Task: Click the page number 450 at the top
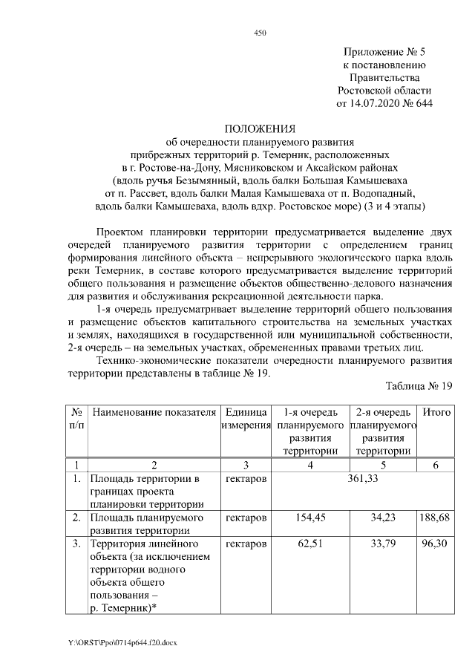coord(260,33)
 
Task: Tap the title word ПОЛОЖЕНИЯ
coord(260,128)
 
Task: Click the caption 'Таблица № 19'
coord(419,386)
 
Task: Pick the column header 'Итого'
coord(436,412)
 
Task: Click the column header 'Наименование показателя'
coord(154,412)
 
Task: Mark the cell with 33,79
coord(384,545)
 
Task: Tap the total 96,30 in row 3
coord(436,545)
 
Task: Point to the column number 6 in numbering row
coord(436,465)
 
